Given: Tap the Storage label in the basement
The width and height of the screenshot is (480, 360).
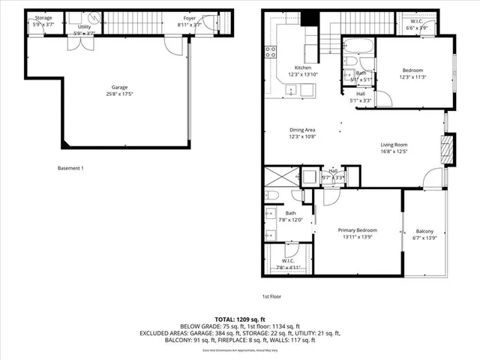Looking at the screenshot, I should click(43, 16).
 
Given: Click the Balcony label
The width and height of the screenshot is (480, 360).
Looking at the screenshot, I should click(424, 231).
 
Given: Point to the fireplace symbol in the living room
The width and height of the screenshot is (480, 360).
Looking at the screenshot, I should click(448, 148).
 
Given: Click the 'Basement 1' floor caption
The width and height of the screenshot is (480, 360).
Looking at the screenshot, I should click(70, 168).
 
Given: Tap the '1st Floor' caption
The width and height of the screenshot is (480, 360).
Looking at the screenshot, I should click(271, 296).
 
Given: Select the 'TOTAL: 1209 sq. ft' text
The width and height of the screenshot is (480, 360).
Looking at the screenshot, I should click(240, 318).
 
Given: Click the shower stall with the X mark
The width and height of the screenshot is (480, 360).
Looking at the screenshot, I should click(281, 178).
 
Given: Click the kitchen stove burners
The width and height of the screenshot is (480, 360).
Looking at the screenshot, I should click(269, 52).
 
